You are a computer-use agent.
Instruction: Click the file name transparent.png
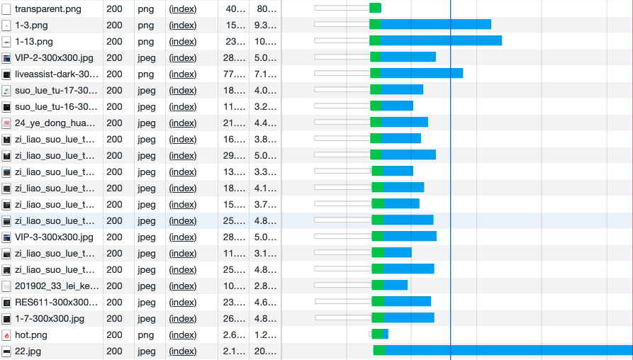pyautogui.click(x=47, y=9)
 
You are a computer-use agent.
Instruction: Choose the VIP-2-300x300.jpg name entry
pyautogui.click(x=54, y=57)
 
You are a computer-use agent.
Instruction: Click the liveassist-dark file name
pyautogui.click(x=57, y=74)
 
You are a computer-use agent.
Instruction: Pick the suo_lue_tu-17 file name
pyautogui.click(x=56, y=90)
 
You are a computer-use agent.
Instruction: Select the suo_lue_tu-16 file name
pyautogui.click(x=56, y=106)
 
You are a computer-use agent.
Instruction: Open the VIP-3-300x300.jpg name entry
pyautogui.click(x=54, y=237)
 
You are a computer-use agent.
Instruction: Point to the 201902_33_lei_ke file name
pyautogui.click(x=57, y=286)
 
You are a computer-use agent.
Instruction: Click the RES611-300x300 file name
pyautogui.click(x=57, y=302)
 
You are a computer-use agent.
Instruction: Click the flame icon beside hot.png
pyautogui.click(x=6, y=334)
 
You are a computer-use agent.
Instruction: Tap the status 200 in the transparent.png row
pyautogui.click(x=114, y=9)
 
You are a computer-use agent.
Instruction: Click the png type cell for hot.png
pyautogui.click(x=146, y=334)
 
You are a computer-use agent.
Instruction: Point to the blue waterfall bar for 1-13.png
pyautogui.click(x=441, y=41)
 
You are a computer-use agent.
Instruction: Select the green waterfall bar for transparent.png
pyautogui.click(x=375, y=8)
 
